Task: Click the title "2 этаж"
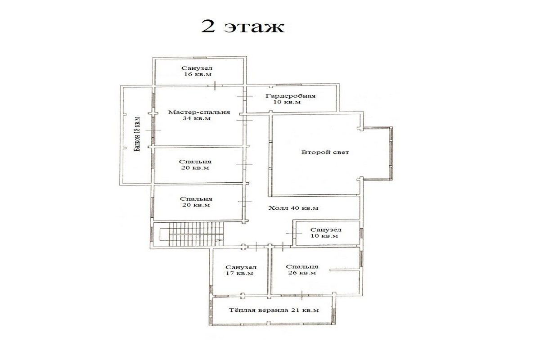[243, 27]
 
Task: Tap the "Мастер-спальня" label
[199, 112]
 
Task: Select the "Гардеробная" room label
[291, 96]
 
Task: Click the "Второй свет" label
[325, 152]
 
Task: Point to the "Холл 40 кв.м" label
[293, 208]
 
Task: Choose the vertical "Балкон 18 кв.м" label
[137, 134]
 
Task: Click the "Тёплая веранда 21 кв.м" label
[274, 310]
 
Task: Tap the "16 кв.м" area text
[198, 74]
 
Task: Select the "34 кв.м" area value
[197, 118]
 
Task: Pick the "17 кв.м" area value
[239, 273]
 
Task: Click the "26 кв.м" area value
[302, 273]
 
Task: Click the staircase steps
[196, 234]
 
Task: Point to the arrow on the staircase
[218, 240]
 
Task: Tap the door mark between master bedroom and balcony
[153, 130]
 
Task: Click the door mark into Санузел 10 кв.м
[294, 234]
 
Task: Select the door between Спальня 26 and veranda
[302, 295]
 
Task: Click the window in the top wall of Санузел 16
[200, 58]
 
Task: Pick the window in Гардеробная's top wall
[288, 85]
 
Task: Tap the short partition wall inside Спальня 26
[345, 270]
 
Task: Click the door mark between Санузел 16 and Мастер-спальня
[215, 85]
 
